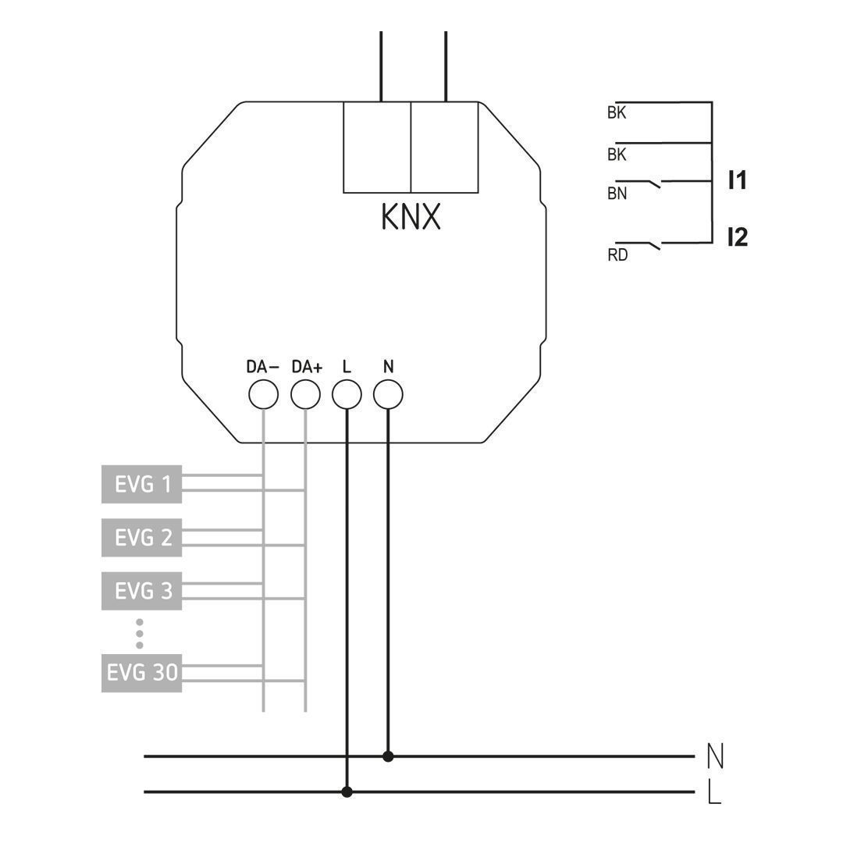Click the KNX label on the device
tap(411, 217)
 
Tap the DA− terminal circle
tap(263, 395)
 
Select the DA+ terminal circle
tap(305, 395)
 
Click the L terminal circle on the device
tap(347, 395)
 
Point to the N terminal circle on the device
tap(388, 395)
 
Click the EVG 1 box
tap(141, 484)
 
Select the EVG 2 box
tap(141, 538)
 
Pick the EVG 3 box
tap(141, 591)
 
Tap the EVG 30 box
tap(141, 673)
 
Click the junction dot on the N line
tap(388, 756)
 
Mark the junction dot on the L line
tap(347, 792)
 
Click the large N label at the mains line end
tap(714, 756)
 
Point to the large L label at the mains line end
tap(713, 793)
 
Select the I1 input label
tap(737, 181)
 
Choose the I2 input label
tap(737, 237)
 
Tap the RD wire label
tap(617, 255)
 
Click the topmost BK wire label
tap(617, 113)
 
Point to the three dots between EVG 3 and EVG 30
tap(140, 634)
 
